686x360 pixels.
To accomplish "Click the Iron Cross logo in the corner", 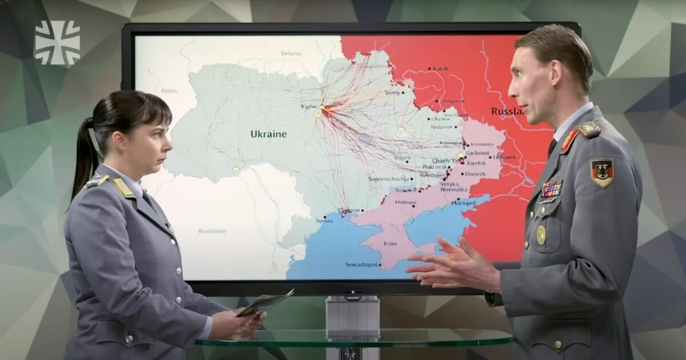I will pos(58,42).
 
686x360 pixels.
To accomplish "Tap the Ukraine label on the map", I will pos(268,134).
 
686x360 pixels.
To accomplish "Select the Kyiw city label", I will pos(309,106).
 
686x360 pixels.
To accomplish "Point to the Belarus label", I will pos(291,53).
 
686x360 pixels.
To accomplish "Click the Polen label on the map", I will pos(169,91).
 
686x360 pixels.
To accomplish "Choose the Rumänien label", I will pos(213,231).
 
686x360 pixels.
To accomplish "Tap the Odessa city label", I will pos(324,221).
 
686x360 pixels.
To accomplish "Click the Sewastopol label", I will pos(362,265).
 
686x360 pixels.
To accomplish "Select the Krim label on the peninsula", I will pos(390,243).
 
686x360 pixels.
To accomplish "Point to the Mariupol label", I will pos(463,203).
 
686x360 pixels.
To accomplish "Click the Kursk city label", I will pos(440,69).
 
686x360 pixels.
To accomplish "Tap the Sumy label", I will pos(393,92).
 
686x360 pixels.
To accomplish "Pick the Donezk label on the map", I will pos(475,174).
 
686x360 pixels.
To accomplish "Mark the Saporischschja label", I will pos(389,179).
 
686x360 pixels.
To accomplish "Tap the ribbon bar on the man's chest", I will pos(552,189).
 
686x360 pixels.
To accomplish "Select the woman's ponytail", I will pos(84,157).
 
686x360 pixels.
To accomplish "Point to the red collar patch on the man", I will pos(569,141).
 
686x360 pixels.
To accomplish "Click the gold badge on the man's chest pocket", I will pos(541,235).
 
